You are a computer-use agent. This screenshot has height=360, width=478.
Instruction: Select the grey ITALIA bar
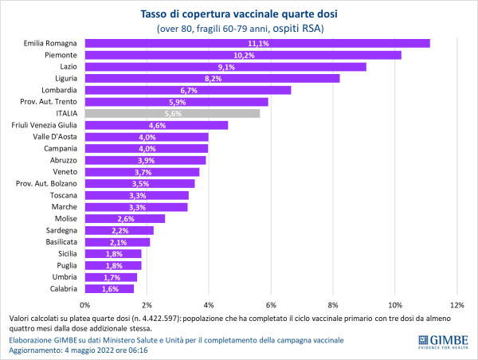tap(172, 113)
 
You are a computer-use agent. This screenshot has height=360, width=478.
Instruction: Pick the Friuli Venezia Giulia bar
tap(156, 125)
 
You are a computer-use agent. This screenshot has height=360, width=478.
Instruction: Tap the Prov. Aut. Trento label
tap(49, 102)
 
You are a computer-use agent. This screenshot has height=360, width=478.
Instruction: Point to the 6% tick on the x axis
tap(271, 304)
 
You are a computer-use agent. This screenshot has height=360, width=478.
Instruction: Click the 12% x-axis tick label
tap(456, 304)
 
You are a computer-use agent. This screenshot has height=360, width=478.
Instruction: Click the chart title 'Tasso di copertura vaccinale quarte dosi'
tap(240, 14)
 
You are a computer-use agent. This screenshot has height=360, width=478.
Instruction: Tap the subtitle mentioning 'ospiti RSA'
tap(240, 29)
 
